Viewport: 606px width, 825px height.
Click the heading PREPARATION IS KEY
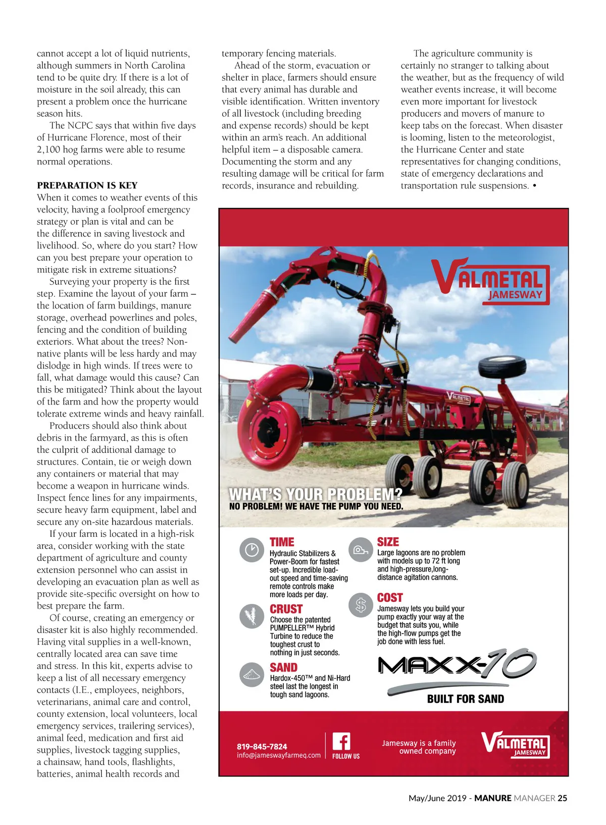pyautogui.click(x=87, y=185)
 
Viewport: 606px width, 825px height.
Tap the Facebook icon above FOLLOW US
pyautogui.click(x=341, y=742)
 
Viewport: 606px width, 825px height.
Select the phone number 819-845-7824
pyautogui.click(x=262, y=746)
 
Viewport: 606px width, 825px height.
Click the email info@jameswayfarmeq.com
pyautogui.click(x=278, y=755)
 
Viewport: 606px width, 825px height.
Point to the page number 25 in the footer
pyautogui.click(x=562, y=798)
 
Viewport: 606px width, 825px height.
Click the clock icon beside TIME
pyautogui.click(x=251, y=550)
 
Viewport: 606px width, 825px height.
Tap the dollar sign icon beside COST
pyautogui.click(x=361, y=604)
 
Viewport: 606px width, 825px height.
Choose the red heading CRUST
pyautogui.click(x=286, y=609)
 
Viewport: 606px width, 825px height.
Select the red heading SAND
pyautogui.click(x=283, y=667)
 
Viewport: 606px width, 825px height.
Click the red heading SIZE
pyautogui.click(x=388, y=542)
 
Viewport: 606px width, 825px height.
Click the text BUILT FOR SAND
pyautogui.click(x=465, y=699)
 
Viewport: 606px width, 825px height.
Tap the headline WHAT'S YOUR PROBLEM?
pyautogui.click(x=315, y=494)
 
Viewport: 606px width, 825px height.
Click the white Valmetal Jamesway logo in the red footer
pyautogui.click(x=515, y=744)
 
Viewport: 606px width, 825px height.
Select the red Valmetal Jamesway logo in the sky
pyautogui.click(x=490, y=282)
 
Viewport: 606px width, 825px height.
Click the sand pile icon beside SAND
pyautogui.click(x=251, y=675)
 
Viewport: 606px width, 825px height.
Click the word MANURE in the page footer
pyautogui.click(x=492, y=798)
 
